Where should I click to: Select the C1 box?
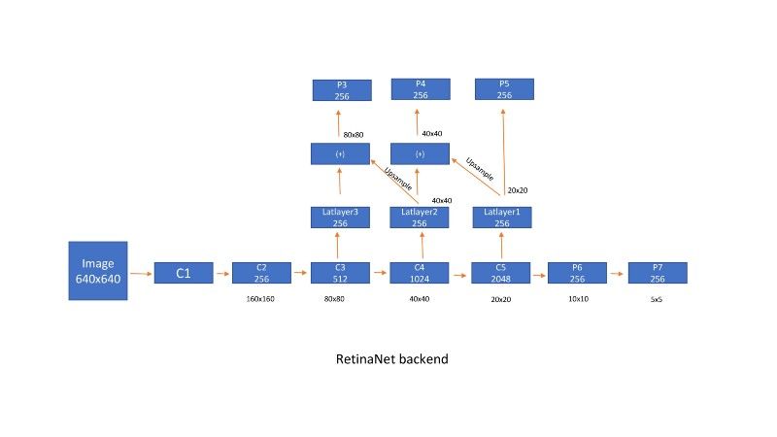point(183,274)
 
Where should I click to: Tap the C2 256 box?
point(261,273)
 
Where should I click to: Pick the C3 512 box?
point(340,273)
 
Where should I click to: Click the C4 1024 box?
point(420,273)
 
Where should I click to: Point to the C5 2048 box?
point(500,273)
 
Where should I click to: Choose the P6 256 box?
point(577,273)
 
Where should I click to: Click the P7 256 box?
point(658,273)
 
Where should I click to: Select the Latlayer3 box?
point(340,218)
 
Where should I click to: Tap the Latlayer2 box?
point(420,218)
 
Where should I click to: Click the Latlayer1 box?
point(502,218)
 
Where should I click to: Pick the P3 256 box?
point(342,90)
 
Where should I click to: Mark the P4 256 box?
point(421,90)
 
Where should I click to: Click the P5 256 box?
point(504,90)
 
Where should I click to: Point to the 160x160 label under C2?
point(260,299)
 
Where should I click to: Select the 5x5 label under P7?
point(657,300)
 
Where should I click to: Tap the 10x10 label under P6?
point(578,299)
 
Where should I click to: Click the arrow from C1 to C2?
point(221,274)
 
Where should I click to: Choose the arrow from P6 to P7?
point(617,274)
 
